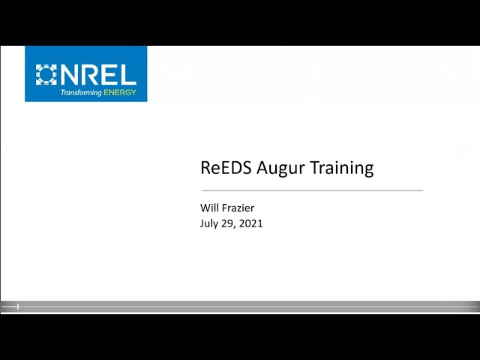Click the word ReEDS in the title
coord(226,167)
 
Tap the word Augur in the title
coord(280,169)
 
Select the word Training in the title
coord(342,169)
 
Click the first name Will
coord(209,208)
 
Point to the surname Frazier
coord(238,208)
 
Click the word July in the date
coord(208,223)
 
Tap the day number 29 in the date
coord(226,223)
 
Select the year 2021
coord(250,223)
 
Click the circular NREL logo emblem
coord(46,74)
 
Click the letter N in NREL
coord(70,75)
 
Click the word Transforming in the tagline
coord(81,92)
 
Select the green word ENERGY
coord(120,92)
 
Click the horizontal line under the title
coord(312,190)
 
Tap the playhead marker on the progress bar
coord(18,307)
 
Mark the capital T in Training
coord(316,167)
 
